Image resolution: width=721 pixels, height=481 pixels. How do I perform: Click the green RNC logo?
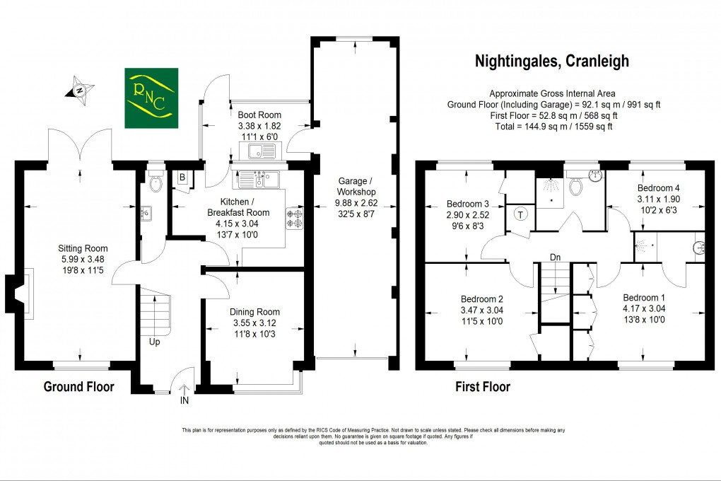tap(151, 98)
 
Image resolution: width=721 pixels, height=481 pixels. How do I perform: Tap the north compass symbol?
tap(80, 91)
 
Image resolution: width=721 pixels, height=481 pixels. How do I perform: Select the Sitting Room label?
tap(83, 248)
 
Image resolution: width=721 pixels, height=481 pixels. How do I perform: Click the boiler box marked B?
tap(182, 178)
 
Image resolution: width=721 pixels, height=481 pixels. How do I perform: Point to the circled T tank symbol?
tap(520, 214)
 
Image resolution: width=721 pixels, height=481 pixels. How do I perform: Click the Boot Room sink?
tap(261, 151)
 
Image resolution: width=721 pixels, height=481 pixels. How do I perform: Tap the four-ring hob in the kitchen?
tap(295, 219)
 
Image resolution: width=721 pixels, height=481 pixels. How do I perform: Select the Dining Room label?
tap(254, 312)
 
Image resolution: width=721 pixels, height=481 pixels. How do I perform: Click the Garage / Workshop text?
tap(356, 187)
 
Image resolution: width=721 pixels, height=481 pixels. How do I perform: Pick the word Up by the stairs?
tap(155, 342)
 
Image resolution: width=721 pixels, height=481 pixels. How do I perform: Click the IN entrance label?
tap(184, 400)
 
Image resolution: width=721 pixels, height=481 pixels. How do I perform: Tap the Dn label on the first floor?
tap(556, 257)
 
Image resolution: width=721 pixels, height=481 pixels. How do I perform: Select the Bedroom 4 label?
tap(659, 187)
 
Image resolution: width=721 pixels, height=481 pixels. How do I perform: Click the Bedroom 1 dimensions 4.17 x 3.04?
tap(644, 308)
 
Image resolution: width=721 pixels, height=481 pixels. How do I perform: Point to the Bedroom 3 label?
tap(468, 204)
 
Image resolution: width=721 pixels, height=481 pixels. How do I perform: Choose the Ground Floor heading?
tap(79, 387)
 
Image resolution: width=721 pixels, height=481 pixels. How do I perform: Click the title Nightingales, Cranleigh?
tap(552, 61)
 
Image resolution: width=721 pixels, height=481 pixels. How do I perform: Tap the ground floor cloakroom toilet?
tap(156, 182)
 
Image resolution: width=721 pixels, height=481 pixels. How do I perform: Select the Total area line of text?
tap(553, 127)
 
